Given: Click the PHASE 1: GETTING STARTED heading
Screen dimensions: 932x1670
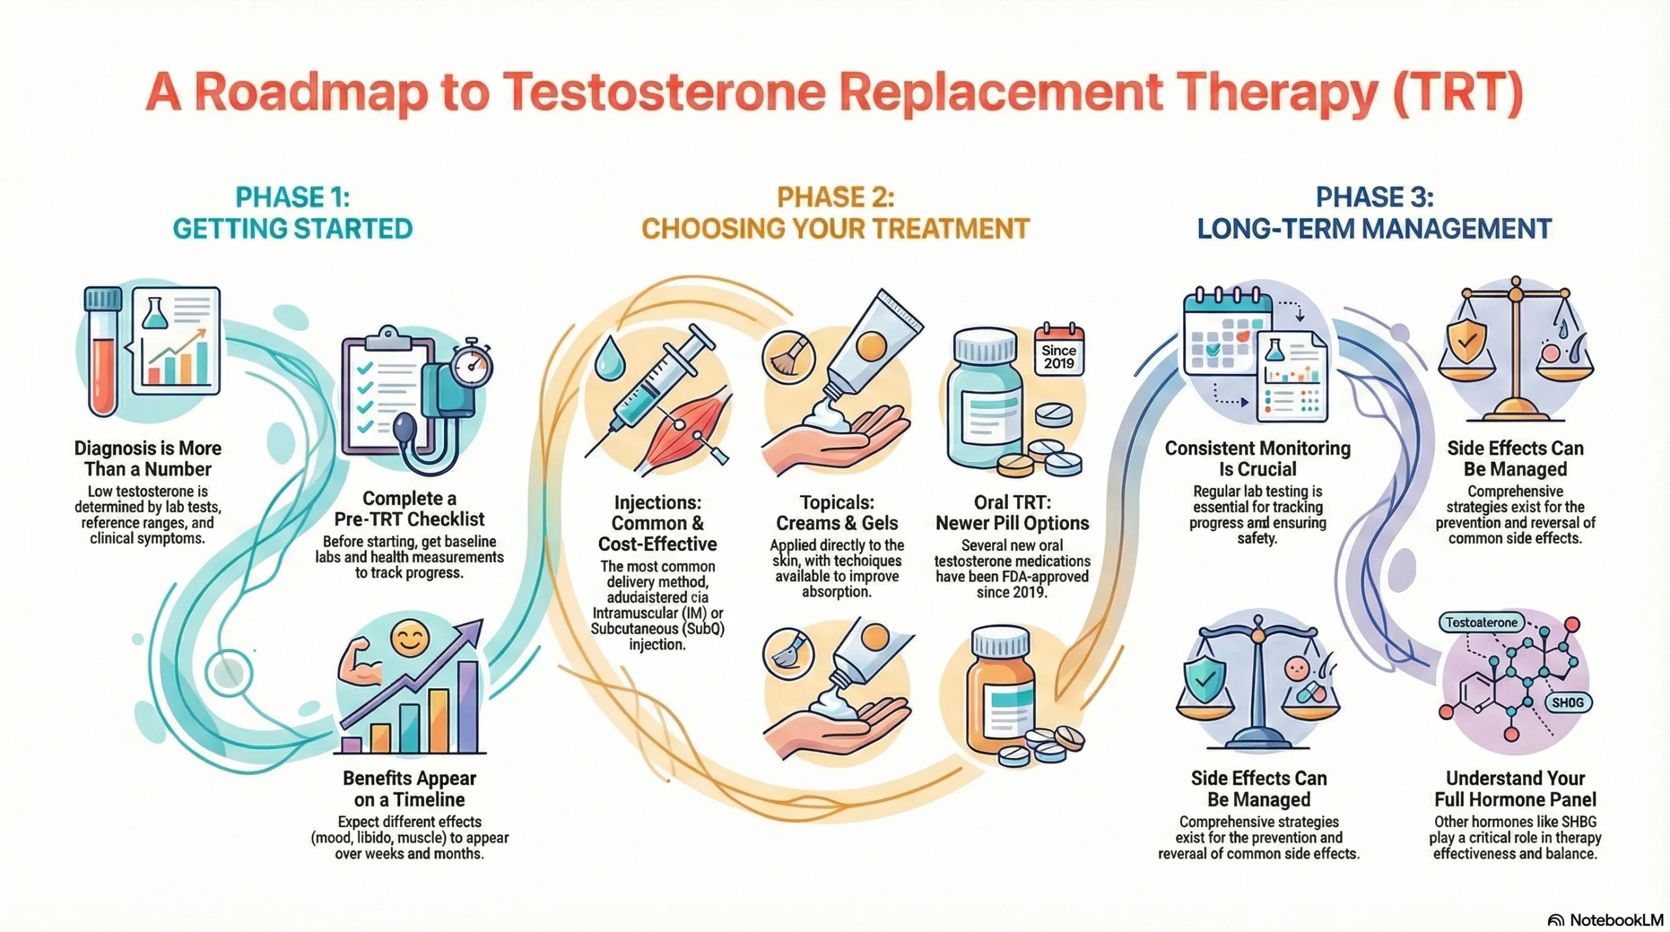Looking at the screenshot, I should (292, 213).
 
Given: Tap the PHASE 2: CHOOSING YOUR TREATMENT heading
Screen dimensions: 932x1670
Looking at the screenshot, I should (835, 213).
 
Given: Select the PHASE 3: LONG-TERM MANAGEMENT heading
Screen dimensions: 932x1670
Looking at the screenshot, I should (1374, 213).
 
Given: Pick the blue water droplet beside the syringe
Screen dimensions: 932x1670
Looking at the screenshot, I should (610, 357).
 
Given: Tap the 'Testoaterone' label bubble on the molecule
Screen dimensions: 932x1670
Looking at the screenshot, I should (1481, 622).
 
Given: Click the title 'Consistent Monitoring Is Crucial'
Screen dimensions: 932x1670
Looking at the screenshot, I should (1257, 458).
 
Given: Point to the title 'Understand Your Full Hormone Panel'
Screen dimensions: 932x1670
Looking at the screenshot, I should (1515, 789).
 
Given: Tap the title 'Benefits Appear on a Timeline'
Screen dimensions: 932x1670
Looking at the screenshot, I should (410, 789).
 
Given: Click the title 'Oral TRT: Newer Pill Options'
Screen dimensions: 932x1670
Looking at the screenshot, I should (1012, 513).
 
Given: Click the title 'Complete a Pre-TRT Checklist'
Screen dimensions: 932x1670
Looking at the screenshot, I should (410, 509).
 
